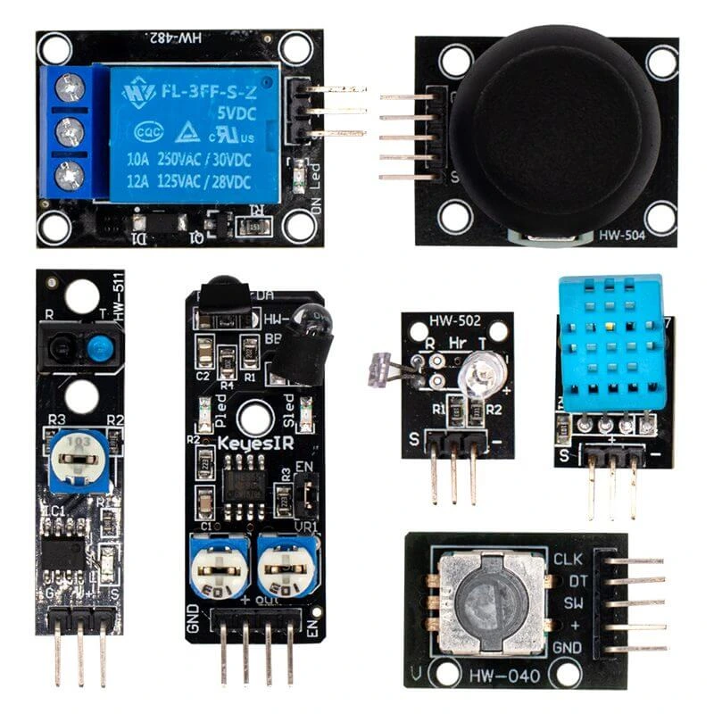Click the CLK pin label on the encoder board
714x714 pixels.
568,560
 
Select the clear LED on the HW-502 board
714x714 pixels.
480,368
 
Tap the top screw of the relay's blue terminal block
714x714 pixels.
70,87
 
